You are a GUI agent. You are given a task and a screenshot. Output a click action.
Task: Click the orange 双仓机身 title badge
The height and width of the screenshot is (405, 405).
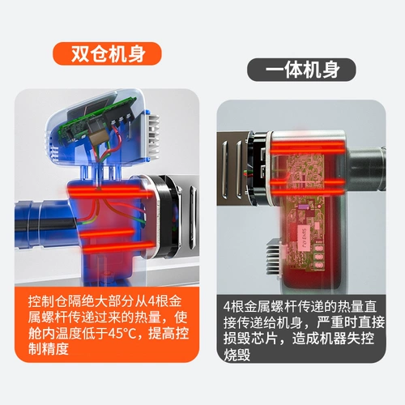(x=107, y=53)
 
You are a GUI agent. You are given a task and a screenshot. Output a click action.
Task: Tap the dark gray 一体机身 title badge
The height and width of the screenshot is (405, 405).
(x=301, y=70)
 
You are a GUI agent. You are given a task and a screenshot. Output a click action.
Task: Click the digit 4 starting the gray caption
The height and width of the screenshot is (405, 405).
(x=227, y=307)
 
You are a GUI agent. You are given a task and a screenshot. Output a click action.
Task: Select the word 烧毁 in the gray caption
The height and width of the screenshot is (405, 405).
(x=237, y=354)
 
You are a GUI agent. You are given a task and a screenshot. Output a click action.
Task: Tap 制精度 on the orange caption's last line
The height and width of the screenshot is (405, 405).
(x=49, y=349)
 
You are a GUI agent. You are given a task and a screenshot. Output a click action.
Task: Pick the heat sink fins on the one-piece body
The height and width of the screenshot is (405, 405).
(x=274, y=257)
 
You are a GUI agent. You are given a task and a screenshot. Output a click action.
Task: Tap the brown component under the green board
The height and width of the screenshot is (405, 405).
(x=98, y=139)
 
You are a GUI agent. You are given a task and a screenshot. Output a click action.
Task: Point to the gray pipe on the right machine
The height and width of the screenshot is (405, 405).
(x=366, y=168)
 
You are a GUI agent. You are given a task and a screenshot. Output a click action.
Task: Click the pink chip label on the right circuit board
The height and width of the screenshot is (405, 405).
(x=303, y=238)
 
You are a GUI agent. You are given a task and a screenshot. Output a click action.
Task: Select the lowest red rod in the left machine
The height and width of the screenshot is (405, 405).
(x=119, y=247)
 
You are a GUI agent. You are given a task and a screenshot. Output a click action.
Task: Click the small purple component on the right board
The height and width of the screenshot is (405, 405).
(x=301, y=207)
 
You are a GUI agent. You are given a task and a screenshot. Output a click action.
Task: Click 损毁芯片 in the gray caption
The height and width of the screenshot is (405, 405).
(x=250, y=339)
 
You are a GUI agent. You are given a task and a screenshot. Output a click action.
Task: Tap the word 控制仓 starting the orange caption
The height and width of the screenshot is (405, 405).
(x=49, y=301)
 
